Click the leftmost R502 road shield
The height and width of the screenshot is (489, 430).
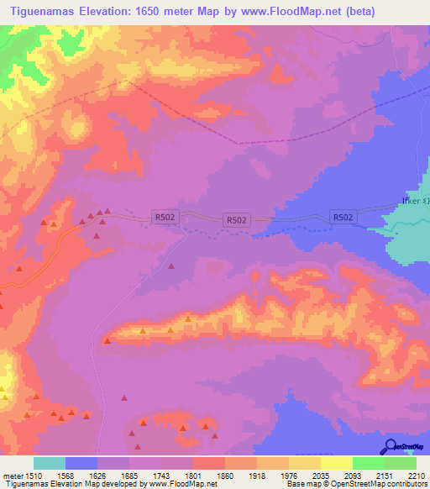(x=165, y=217)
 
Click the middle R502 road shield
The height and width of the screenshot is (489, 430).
(x=237, y=220)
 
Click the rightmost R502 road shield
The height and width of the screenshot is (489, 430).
(x=343, y=217)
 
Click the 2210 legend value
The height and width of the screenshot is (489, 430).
(x=417, y=475)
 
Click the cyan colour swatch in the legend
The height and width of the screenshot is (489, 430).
(x=50, y=463)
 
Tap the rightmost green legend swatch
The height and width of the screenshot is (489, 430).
(x=401, y=463)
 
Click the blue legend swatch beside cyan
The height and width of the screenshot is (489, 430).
(x=81, y=463)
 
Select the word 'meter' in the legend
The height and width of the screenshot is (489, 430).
(x=11, y=475)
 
